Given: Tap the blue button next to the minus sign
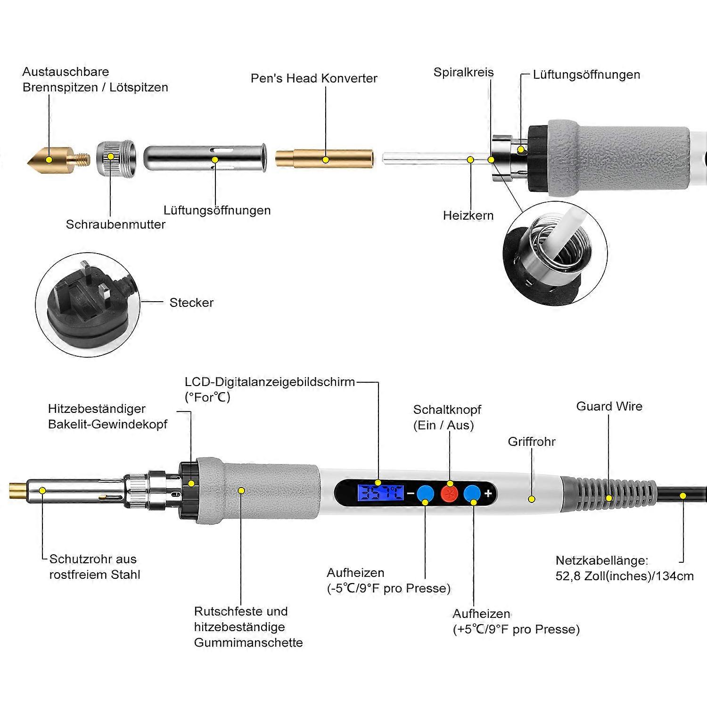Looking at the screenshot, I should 426,493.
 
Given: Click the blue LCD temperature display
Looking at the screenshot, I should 380,493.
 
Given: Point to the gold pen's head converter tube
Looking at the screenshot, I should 324,158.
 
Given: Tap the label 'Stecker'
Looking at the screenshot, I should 191,303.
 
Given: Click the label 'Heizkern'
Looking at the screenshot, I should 468,215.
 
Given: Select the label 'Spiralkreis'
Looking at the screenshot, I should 463,72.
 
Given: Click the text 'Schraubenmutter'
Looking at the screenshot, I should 115,224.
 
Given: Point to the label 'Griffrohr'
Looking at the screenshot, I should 531,442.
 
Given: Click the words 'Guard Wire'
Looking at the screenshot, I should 609,406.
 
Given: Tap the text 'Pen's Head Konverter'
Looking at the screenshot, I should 314,78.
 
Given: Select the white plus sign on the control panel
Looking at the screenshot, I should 488,493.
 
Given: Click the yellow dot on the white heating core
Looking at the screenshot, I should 470,160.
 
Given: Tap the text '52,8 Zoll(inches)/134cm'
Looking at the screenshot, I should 625,576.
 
